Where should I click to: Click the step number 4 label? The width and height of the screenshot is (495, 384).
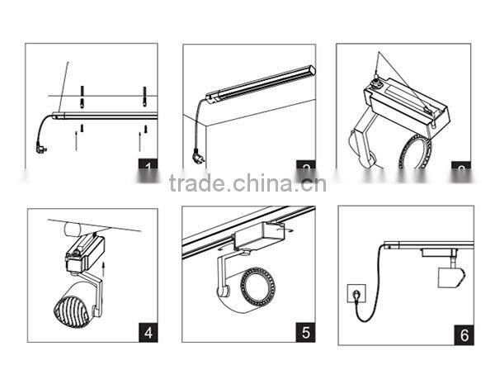pos(148,333)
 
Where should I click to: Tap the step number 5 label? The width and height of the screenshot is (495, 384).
pos(305,333)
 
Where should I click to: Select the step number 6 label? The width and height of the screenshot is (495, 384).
pos(464,334)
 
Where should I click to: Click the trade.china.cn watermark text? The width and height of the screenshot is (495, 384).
pos(247,183)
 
